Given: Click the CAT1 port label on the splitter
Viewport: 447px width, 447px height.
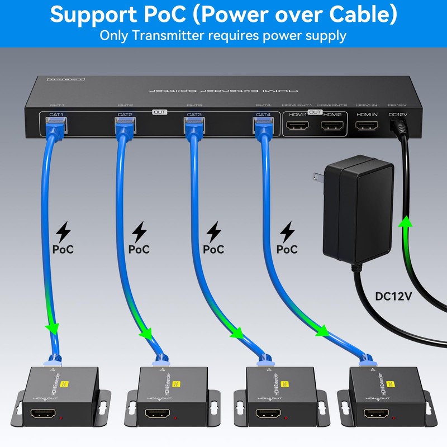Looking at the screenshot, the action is tap(56, 115).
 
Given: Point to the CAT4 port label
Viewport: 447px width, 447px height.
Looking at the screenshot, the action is tap(263, 115).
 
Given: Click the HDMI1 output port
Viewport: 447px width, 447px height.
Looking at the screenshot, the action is tap(297, 127).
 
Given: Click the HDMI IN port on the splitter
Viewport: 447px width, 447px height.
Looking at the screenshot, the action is tap(367, 127).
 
